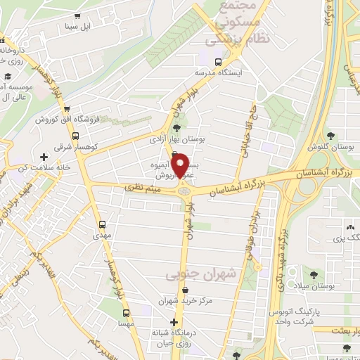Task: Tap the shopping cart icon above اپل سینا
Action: coord(77,17)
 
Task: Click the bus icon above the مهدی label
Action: coord(103,225)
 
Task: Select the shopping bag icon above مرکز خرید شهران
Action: coord(185,290)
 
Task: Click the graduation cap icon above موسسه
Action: coord(6,75)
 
